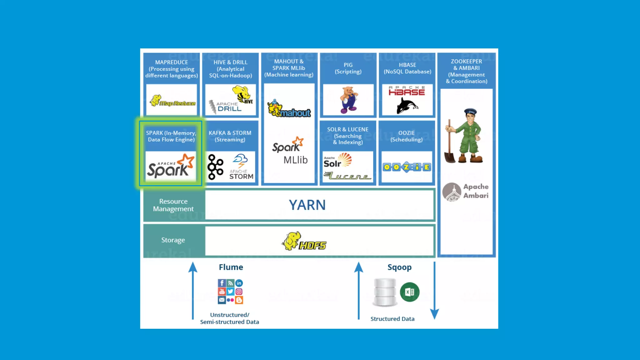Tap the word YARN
[x=307, y=205]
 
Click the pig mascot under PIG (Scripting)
[x=348, y=100]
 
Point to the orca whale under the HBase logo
[x=407, y=106]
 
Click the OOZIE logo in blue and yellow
[x=407, y=167]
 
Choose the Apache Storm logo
[x=241, y=167]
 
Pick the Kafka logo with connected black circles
[x=215, y=167]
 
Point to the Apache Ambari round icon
[x=452, y=192]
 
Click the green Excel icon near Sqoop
[x=409, y=292]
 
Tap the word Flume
[x=231, y=267]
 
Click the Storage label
[x=173, y=240]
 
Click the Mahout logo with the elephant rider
[x=289, y=109]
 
